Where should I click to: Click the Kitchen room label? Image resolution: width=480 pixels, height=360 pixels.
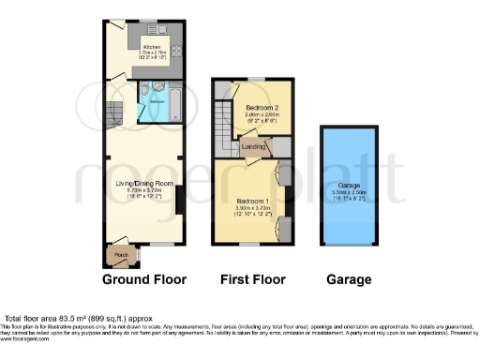(151, 46)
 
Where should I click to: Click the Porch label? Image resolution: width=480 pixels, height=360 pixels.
(121, 254)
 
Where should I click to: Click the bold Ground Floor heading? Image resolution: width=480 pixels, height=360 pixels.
(143, 279)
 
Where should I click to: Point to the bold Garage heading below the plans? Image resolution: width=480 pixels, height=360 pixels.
(349, 279)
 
